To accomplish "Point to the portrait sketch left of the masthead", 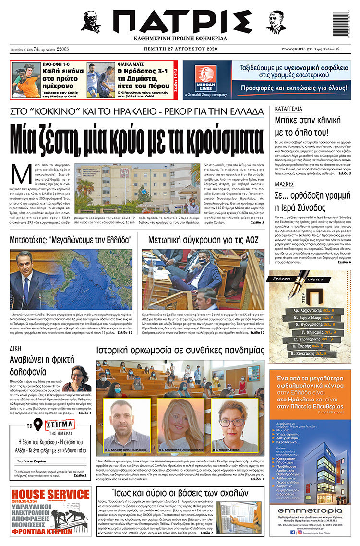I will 91,22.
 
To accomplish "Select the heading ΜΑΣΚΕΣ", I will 285,184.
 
